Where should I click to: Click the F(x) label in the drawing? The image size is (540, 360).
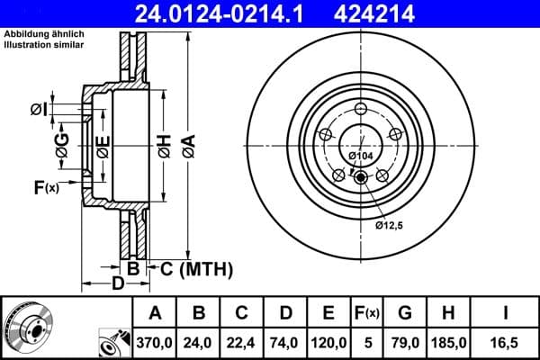[45, 187]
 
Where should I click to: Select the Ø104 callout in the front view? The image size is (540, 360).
[360, 157]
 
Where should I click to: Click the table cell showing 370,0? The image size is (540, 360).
[155, 342]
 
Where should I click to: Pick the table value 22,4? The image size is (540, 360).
[241, 342]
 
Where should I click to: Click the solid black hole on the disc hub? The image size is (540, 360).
[361, 177]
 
